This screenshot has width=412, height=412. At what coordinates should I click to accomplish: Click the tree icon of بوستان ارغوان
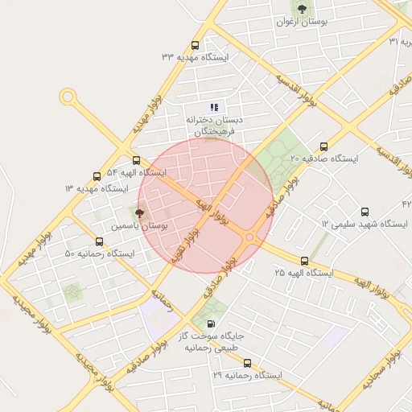click(x=302, y=9)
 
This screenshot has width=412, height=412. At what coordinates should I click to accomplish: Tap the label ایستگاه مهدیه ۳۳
click(x=196, y=57)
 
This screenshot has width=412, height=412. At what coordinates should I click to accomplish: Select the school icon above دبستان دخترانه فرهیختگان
click(x=214, y=106)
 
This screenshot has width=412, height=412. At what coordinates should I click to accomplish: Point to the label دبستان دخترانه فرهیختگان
click(x=214, y=125)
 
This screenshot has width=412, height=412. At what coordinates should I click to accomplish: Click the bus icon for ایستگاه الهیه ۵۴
click(x=136, y=160)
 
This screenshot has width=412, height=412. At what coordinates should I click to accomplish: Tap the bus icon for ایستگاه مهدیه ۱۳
click(x=97, y=175)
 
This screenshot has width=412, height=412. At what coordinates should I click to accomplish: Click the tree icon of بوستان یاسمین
click(x=140, y=214)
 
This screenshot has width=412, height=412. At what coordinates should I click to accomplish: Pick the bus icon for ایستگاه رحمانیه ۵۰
click(x=99, y=241)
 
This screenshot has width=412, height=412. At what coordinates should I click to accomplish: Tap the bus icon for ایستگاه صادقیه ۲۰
click(x=323, y=146)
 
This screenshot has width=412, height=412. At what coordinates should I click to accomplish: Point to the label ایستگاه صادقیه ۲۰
click(x=324, y=159)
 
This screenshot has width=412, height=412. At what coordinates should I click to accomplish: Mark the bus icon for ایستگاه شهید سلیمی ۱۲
click(x=365, y=212)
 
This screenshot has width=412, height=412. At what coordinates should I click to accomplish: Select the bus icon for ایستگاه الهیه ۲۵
click(x=304, y=261)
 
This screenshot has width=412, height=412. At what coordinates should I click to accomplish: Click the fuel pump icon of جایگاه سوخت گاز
click(x=211, y=323)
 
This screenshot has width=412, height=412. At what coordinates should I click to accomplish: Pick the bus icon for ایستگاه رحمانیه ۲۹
click(x=247, y=363)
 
